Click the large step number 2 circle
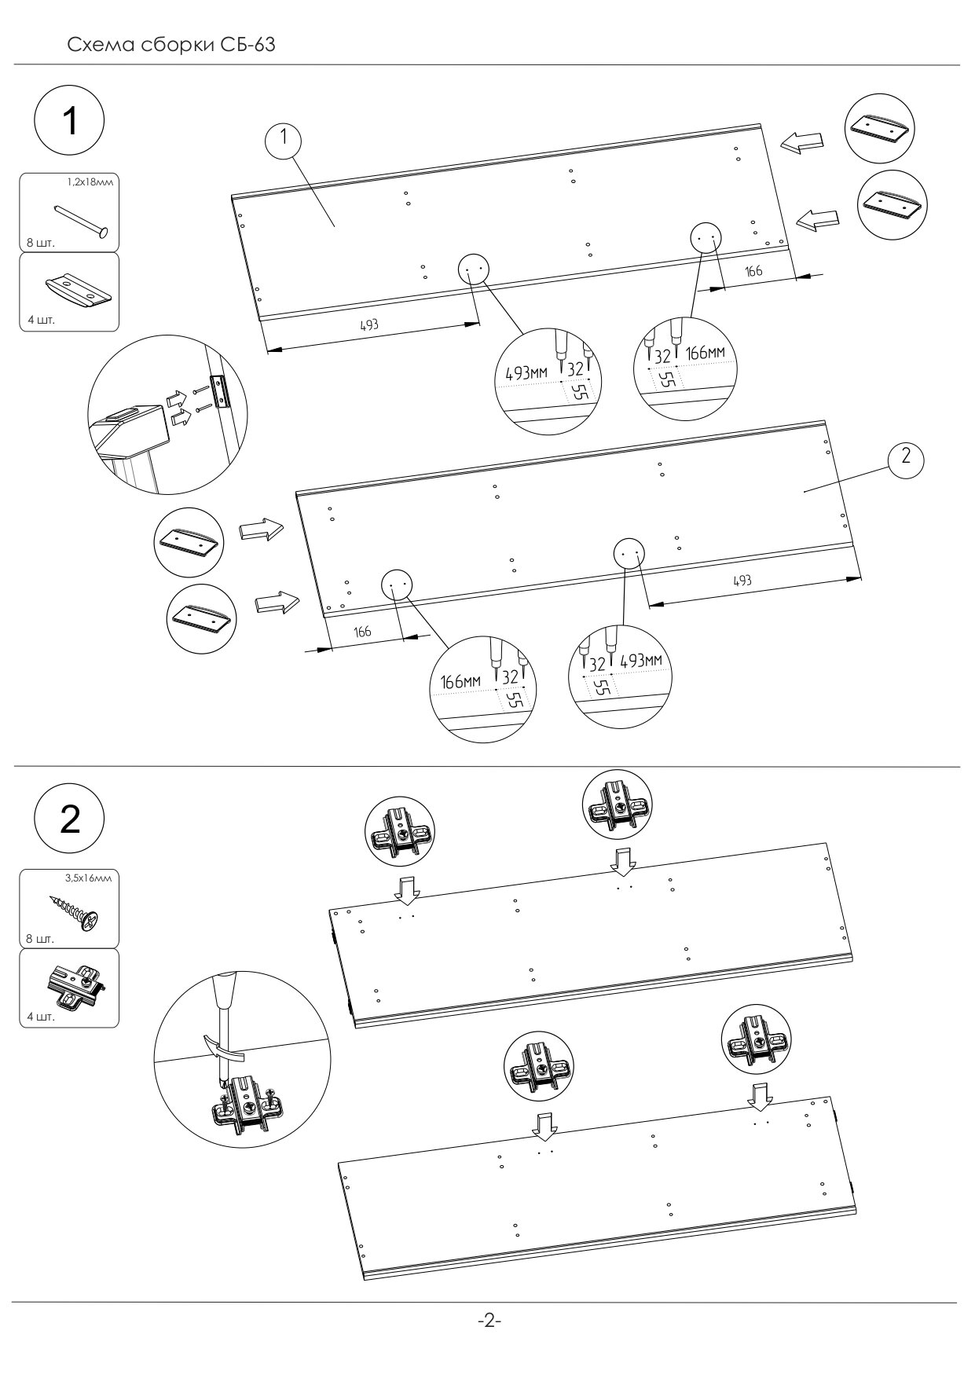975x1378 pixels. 69,819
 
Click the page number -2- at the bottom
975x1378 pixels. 489,1321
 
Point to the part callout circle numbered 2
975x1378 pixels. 905,456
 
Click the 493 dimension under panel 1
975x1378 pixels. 370,324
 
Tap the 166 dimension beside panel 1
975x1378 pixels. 753,271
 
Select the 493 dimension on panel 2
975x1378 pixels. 742,580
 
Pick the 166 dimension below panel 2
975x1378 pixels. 362,631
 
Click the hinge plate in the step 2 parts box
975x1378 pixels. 75,987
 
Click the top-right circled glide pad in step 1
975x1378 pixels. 880,128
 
